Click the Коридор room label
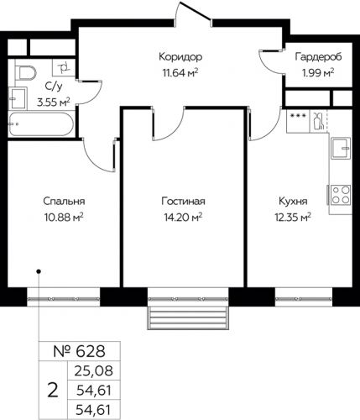point(181,57)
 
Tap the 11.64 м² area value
point(181,72)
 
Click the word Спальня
point(65,202)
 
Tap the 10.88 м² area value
point(65,218)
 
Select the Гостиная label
point(184,202)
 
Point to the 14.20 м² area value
point(184,218)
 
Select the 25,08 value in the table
point(91,369)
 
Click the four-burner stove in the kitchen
point(339,196)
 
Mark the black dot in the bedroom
point(39,271)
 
